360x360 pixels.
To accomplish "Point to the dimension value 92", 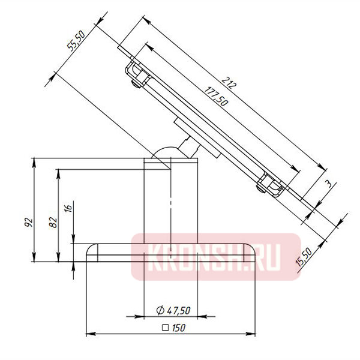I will (x=27, y=221).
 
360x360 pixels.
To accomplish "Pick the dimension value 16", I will (x=68, y=208).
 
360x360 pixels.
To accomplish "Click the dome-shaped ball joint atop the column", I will (x=162, y=152).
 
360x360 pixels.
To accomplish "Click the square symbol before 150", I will (x=164, y=329).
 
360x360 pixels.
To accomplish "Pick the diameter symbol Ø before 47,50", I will (x=160, y=310).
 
